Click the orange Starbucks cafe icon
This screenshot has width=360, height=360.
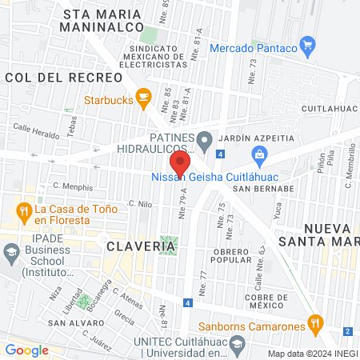click(x=144, y=98)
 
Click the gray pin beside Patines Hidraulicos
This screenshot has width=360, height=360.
click(x=204, y=142)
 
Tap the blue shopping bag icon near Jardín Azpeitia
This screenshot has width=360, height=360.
click(x=258, y=154)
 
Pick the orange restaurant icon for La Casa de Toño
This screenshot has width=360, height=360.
click(x=24, y=212)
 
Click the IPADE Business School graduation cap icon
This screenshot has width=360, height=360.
click(x=11, y=254)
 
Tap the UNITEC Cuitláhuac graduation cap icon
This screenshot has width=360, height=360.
click(x=237, y=346)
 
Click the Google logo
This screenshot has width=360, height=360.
click(x=27, y=350)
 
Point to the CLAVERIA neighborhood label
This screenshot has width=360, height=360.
click(x=141, y=246)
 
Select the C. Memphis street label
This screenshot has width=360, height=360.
click(x=73, y=188)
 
